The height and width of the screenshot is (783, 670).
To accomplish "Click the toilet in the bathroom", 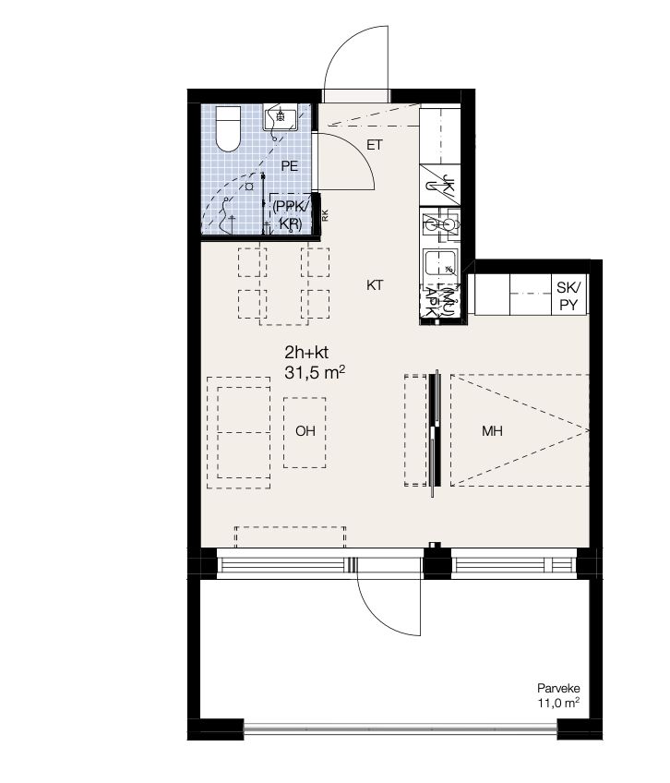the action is point(228,129).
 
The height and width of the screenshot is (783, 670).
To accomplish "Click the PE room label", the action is point(290,166).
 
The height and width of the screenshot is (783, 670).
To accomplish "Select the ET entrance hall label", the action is point(375,145).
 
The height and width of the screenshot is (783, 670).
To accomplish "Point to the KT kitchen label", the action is point(375,285).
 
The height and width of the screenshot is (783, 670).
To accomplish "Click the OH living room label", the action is point(305,431).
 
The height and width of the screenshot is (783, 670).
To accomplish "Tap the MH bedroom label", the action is point(492,431).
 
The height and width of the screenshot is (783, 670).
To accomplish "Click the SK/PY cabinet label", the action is point(568,295).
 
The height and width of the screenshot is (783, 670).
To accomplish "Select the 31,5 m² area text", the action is point(315,372).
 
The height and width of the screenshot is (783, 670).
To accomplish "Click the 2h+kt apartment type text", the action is point(306,353).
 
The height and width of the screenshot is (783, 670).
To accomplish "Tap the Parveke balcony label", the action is point(558,688).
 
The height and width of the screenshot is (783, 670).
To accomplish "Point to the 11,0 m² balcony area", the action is point(558,703).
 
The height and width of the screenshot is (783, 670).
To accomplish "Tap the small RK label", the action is point(325,216).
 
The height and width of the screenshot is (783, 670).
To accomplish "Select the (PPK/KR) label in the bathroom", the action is point(291,215).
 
